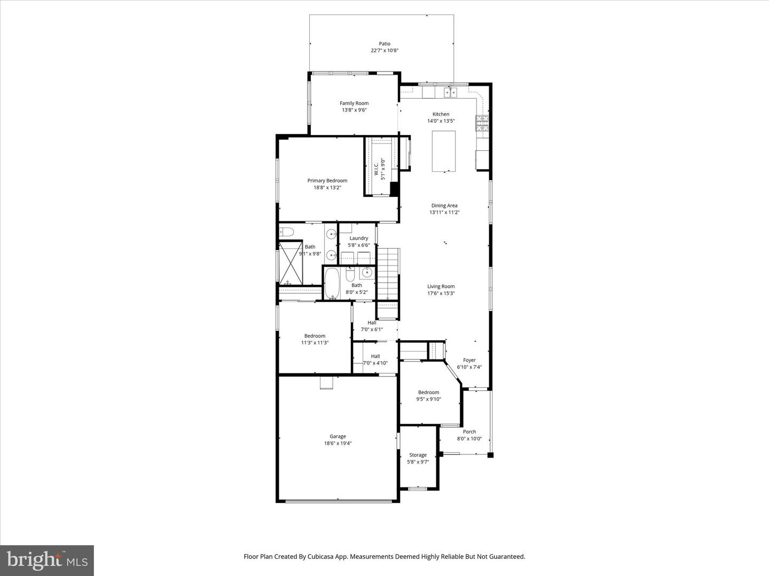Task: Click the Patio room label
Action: click(x=384, y=44)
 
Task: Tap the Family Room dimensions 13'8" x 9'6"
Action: click(x=354, y=110)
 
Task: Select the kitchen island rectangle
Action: click(x=444, y=151)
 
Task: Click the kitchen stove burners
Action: click(x=482, y=123)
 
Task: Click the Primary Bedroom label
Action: click(x=327, y=181)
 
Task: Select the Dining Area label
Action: click(x=444, y=205)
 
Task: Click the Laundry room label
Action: click(x=358, y=238)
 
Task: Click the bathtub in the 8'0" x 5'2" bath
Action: click(x=332, y=283)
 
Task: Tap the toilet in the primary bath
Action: click(x=287, y=231)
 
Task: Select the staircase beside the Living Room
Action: click(x=388, y=274)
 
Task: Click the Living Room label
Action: click(x=441, y=286)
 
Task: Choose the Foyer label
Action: click(x=469, y=360)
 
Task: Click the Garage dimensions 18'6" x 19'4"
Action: click(x=338, y=443)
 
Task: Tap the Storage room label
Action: click(x=418, y=455)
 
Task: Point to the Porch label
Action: click(x=469, y=432)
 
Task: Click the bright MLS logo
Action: click(x=47, y=559)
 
